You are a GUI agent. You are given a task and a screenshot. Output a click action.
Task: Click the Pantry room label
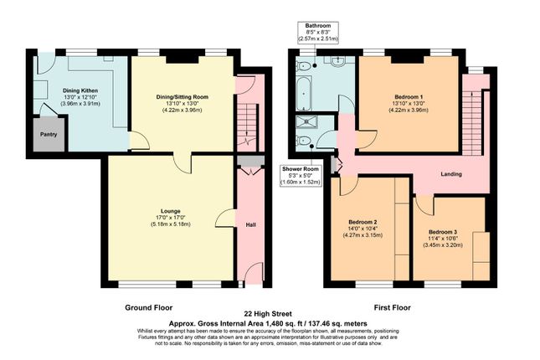coord(47,132)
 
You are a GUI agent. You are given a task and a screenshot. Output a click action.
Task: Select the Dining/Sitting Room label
coord(183,97)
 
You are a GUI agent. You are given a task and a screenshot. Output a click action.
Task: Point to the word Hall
coord(250,224)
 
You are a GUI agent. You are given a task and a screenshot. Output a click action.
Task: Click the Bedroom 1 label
coord(409,97)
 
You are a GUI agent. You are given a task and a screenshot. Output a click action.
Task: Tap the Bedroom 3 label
coord(443,232)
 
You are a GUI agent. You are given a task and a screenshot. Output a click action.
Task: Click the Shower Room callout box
coord(299,176)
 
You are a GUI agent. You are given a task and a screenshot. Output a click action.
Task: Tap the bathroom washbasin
coord(338,63)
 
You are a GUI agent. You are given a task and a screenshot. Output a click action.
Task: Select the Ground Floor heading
coord(149,306)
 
